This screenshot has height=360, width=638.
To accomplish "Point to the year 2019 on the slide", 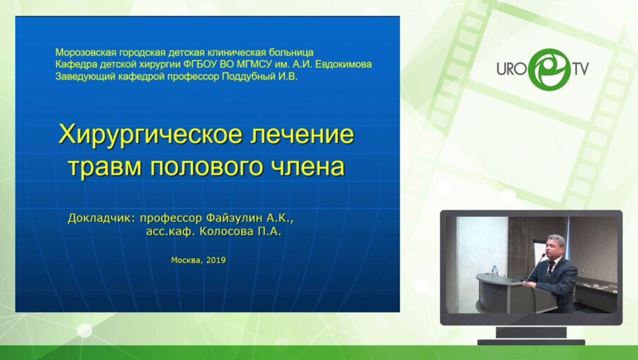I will click(215, 260).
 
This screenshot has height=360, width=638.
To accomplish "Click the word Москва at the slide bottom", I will click(186, 260).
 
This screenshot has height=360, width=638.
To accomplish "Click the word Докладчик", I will click(101, 218).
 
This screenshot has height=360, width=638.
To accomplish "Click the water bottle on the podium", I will click(494, 271).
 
